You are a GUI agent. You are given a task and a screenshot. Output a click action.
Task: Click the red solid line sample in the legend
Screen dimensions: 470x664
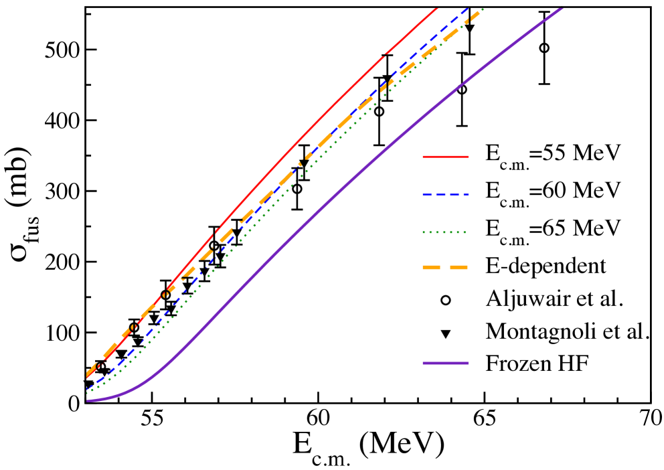click(445, 157)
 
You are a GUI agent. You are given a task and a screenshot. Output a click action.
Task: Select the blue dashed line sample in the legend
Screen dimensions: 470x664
click(445, 195)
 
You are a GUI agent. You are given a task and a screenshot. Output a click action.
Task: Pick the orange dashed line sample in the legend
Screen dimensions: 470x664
click(445, 268)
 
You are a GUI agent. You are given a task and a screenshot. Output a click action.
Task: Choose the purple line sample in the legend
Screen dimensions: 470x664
click(445, 364)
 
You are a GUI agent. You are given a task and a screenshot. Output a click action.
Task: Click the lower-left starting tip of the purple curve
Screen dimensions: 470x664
click(88, 400)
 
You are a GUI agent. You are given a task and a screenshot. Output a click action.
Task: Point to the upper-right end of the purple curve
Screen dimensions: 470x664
click(562, 9)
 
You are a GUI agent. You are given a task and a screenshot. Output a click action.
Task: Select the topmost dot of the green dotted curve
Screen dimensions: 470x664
click(482, 9)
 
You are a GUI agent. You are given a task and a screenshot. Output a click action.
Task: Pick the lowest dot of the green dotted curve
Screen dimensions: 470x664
click(88, 392)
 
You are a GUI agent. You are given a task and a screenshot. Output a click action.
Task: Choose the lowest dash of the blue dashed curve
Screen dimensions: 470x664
click(90, 388)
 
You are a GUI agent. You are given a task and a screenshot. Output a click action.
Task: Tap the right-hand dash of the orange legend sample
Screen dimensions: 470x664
click(459, 268)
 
